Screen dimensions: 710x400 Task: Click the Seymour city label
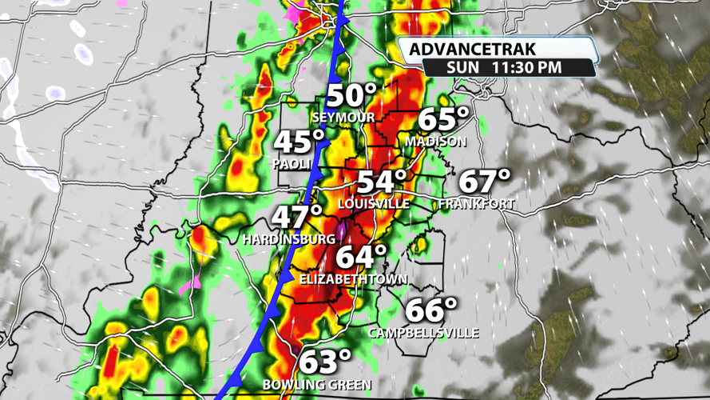point(344,118)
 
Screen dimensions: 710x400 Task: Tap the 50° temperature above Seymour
point(350,96)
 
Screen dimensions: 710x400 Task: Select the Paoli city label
point(291,163)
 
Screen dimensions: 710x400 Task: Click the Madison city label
point(435,141)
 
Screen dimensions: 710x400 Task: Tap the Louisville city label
point(373,204)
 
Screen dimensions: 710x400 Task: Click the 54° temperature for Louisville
point(382,182)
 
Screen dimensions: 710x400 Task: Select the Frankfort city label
point(477,204)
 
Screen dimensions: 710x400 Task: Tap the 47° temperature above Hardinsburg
point(297,217)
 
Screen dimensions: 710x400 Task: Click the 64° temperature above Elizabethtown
point(360,258)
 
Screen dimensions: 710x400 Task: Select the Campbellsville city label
point(423,332)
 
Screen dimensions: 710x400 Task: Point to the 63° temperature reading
point(325,362)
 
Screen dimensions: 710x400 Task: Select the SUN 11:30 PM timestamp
point(505,67)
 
